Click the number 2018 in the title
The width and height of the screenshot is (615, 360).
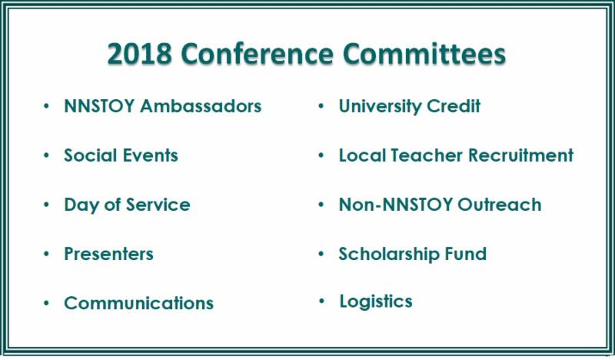pos(140,53)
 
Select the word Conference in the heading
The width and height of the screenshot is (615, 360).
pos(257,53)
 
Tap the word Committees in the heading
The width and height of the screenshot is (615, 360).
pos(424,53)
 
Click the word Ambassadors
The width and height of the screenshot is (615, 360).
pos(201,106)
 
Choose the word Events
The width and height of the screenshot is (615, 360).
pos(148,155)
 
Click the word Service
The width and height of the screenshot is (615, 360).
pos(158,205)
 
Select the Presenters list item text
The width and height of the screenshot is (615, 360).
pos(108,254)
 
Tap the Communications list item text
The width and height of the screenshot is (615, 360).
pos(139,303)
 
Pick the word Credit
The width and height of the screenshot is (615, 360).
pos(454,106)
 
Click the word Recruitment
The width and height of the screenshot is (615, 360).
pos(521,155)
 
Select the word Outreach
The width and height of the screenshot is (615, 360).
pos(499,205)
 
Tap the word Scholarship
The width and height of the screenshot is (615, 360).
pos(388,254)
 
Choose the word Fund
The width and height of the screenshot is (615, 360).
pos(466,254)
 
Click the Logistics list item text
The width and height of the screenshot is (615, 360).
pos(376,302)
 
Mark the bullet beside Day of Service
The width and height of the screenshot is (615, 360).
pos(47,205)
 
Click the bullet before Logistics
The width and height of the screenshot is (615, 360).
pos(322,301)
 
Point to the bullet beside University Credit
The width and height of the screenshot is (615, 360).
pos(321,106)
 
